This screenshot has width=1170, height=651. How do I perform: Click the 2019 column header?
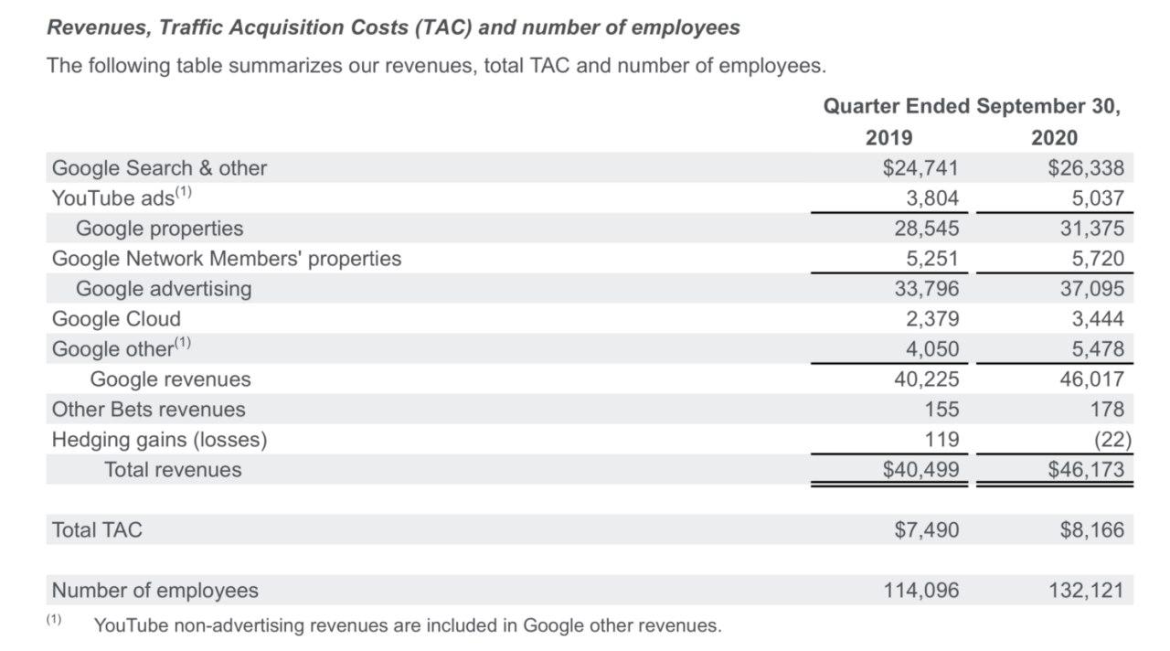click(x=888, y=137)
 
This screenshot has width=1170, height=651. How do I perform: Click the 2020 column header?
click(x=1054, y=137)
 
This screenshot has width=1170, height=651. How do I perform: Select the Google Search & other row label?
click(x=159, y=168)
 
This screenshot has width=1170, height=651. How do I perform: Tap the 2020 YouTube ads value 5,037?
click(x=1096, y=198)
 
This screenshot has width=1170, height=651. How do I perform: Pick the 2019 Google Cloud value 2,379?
click(x=931, y=319)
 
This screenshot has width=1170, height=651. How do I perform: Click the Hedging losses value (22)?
click(x=1111, y=440)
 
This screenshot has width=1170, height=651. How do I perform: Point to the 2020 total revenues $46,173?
click(x=1086, y=470)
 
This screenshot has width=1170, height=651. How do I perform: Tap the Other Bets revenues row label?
click(x=148, y=410)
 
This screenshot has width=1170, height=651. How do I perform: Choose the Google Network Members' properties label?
click(x=226, y=259)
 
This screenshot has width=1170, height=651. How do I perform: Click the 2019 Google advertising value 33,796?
click(x=926, y=289)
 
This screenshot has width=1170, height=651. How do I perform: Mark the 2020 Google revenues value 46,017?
click(x=1091, y=379)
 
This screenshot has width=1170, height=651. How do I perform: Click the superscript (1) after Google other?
click(x=182, y=344)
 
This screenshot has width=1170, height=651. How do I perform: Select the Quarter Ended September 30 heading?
click(x=971, y=106)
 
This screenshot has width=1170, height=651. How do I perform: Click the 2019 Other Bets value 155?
click(x=941, y=410)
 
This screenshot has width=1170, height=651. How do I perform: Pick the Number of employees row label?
click(x=154, y=591)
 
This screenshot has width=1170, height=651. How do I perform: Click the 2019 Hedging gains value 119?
click(x=941, y=440)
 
